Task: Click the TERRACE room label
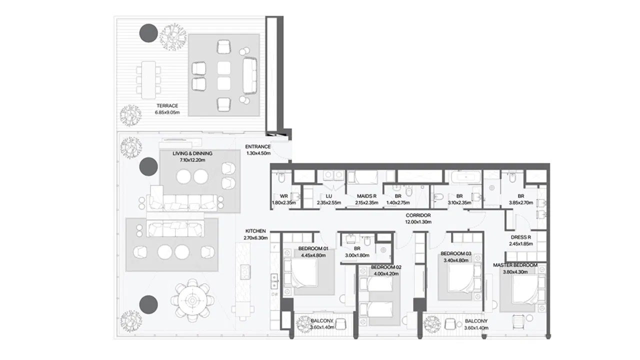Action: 167,105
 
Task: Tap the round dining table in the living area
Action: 192,300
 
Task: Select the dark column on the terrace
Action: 148,33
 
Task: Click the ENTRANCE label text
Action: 257,146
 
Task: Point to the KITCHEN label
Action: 255,231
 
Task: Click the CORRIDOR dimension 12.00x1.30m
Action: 418,222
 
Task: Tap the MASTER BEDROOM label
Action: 515,265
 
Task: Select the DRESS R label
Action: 521,237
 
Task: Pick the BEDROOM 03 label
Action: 455,253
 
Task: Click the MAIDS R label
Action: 366,196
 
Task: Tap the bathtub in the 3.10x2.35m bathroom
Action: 466,177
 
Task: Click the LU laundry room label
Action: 329,196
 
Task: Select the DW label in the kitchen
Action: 274,294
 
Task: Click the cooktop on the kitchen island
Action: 245,272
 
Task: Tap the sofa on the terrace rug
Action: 250,75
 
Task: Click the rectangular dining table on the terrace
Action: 148,79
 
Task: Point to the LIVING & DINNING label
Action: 192,153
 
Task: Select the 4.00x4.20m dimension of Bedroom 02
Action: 386,273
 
